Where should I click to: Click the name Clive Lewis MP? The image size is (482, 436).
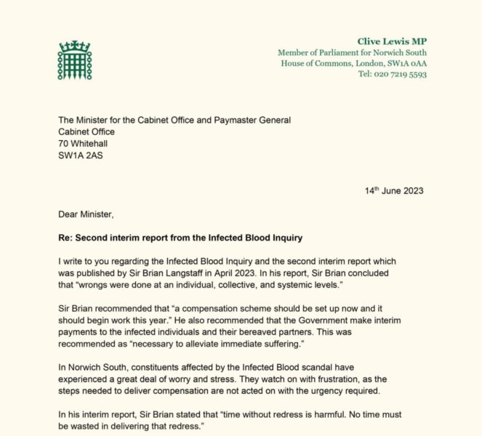click(x=392, y=41)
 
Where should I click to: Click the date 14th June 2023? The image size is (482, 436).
click(x=394, y=191)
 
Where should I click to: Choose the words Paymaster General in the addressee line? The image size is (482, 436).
click(x=249, y=120)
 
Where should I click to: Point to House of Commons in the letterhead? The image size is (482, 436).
click(x=313, y=63)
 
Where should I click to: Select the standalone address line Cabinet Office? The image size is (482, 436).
click(x=87, y=132)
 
